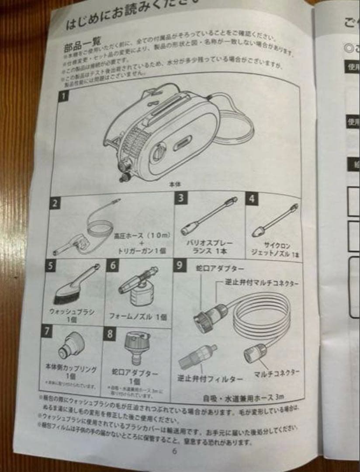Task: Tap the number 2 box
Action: coord(55,203)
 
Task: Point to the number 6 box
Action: coord(112,265)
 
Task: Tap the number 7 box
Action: coord(47,331)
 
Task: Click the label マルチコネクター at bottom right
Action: coord(277,374)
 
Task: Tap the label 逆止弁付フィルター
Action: coord(209,378)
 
